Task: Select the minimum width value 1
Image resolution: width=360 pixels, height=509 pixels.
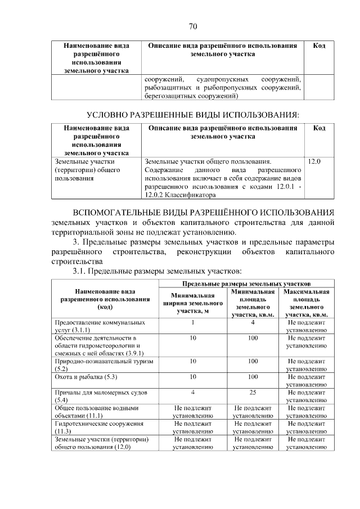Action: point(192,322)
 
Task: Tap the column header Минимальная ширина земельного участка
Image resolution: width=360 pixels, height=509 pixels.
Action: point(192,304)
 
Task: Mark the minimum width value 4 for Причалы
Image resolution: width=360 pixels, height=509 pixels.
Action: point(192,391)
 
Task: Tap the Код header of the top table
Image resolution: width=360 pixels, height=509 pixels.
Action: point(319,45)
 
